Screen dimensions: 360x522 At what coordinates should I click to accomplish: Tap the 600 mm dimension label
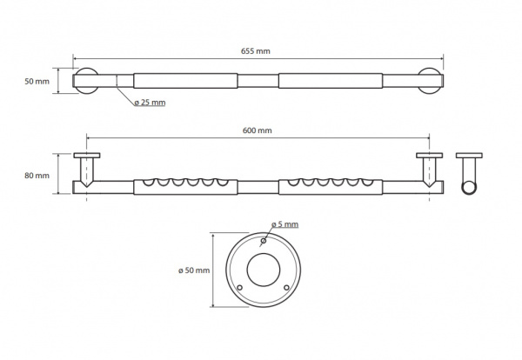click(x=258, y=130)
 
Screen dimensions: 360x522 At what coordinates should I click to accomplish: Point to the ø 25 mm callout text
click(x=151, y=103)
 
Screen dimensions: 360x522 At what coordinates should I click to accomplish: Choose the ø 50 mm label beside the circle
click(x=192, y=270)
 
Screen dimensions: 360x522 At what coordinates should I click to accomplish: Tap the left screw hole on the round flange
click(x=240, y=285)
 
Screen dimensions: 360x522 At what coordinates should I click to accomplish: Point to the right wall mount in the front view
click(x=428, y=170)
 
